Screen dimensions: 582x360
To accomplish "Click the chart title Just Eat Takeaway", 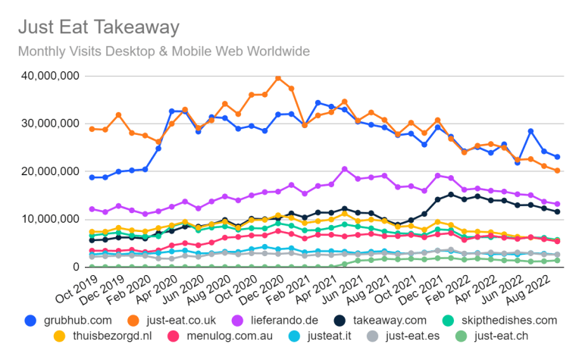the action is [x=99, y=27].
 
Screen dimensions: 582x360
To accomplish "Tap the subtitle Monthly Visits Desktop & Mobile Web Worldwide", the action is [x=164, y=52].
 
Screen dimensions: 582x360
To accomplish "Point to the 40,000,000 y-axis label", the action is [x=51, y=76].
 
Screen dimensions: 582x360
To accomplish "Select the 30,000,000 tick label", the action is [x=51, y=124].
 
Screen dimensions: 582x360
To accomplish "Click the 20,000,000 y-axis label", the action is [x=51, y=171].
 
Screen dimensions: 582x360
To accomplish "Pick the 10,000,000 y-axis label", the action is [x=51, y=219].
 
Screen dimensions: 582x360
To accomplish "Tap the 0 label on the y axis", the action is [x=76, y=267].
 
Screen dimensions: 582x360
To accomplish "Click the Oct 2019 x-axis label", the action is [x=77, y=290].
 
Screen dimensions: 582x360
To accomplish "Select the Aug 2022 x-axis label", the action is [x=528, y=290].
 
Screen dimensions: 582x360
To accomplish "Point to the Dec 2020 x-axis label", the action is [x=261, y=290].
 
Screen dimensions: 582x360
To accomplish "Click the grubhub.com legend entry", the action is [x=68, y=321].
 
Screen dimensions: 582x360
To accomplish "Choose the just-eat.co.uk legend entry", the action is [x=171, y=321].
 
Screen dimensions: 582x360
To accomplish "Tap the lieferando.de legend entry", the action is [x=274, y=321].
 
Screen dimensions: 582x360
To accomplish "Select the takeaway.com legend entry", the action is [x=380, y=321].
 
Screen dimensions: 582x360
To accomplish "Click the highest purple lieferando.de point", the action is [x=345, y=169].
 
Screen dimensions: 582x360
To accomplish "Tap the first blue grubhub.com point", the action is [x=92, y=177].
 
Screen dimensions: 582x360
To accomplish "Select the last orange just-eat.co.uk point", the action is [x=557, y=171].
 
